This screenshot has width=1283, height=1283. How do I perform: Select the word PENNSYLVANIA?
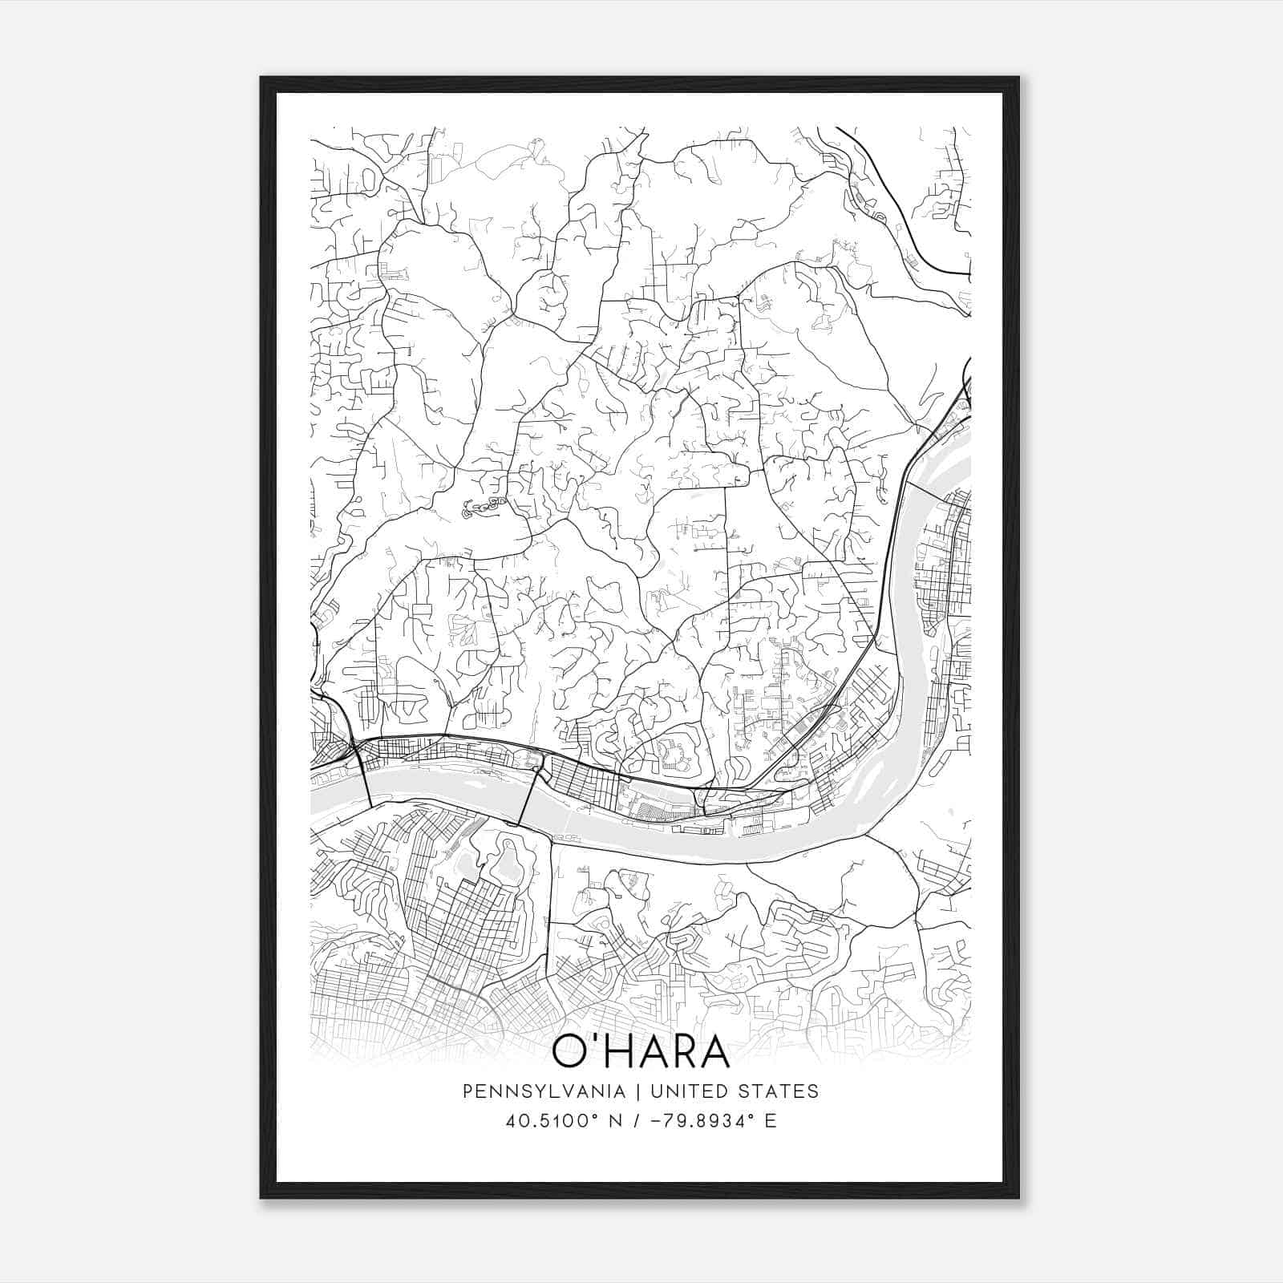pos(543,1091)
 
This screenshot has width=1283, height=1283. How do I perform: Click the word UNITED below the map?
pos(690,1091)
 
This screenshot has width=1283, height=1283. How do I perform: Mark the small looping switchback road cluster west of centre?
pos(482,505)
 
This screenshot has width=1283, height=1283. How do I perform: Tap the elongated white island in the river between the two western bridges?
pos(449,775)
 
